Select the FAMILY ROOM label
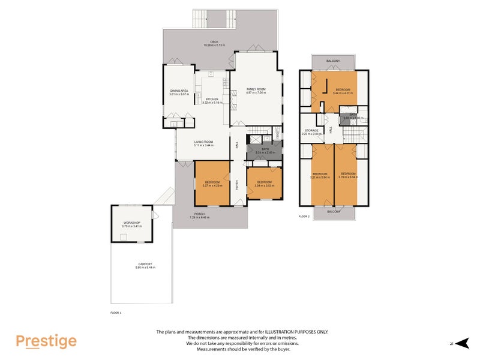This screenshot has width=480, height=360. coord(256,89)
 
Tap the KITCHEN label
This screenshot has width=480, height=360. coord(212,100)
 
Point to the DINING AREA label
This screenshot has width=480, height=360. coord(179,91)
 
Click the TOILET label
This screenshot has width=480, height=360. coord(278,133)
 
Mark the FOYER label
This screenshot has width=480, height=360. coord(237,185)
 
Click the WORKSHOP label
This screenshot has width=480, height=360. coord(131,224)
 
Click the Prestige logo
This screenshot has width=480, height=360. coord(46,341)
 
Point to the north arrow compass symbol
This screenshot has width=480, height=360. coord(461,343)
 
